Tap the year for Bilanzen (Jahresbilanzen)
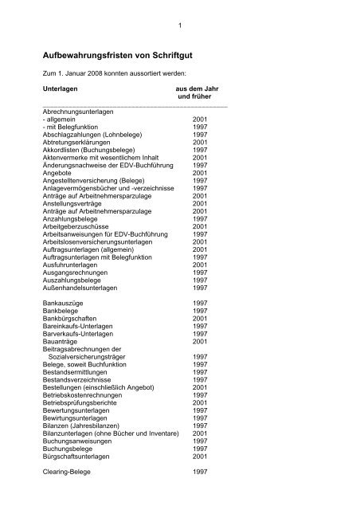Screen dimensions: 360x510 [199, 423]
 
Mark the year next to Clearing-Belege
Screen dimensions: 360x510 [199, 472]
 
